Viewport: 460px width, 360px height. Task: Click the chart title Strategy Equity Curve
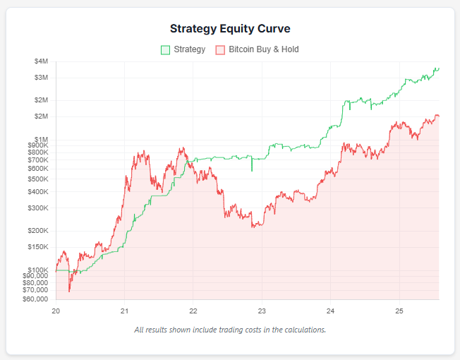[x=230, y=29]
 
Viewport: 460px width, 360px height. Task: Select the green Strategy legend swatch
[x=166, y=50]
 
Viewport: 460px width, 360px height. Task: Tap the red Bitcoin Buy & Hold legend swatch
[x=220, y=50]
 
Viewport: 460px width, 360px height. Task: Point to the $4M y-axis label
[x=41, y=61]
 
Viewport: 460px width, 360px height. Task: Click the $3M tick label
[x=41, y=77]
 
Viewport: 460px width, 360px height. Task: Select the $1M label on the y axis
[x=41, y=138]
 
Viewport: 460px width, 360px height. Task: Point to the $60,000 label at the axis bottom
[x=35, y=299]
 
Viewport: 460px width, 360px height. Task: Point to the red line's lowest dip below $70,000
[x=69, y=290]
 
